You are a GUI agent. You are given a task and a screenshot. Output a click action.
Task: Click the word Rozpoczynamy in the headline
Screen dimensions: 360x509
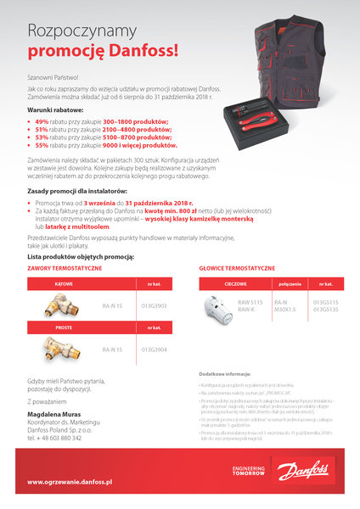[82, 31]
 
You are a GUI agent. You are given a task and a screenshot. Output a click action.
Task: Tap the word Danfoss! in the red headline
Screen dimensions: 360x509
[141, 51]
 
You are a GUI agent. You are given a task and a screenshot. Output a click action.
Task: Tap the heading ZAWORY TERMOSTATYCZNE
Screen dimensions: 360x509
[65, 267]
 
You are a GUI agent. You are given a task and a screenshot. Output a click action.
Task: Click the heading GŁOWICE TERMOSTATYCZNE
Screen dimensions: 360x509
[237, 267]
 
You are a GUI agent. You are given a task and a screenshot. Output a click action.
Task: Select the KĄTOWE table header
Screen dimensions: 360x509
[64, 284]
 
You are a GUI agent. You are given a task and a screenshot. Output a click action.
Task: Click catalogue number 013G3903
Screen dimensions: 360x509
[153, 305]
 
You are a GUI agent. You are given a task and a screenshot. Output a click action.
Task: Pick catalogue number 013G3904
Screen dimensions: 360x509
[153, 350]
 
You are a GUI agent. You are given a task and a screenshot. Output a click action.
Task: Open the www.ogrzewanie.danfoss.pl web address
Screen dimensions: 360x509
[70, 482]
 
